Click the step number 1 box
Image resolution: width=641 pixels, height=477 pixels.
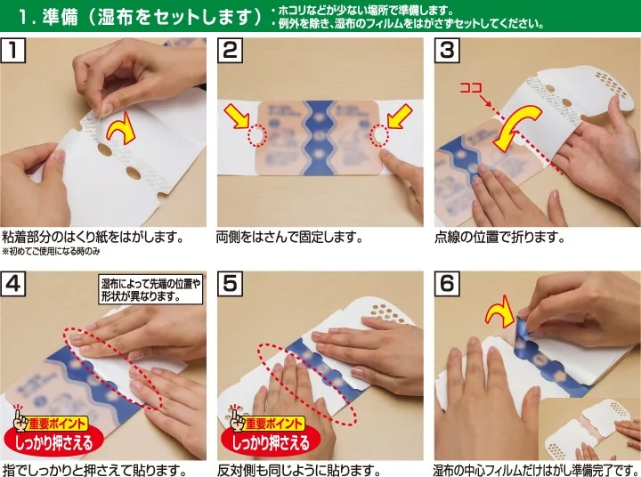click(x=13, y=50)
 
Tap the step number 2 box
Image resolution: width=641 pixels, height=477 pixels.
click(x=230, y=50)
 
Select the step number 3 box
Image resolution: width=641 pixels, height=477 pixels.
click(x=447, y=50)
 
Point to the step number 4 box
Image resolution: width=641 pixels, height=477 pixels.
click(x=13, y=283)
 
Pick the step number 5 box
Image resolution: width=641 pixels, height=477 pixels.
click(x=230, y=283)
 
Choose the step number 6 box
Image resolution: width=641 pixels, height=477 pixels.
click(x=447, y=283)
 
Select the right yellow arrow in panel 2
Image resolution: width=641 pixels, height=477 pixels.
click(x=400, y=116)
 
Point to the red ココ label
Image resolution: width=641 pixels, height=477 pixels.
click(x=471, y=87)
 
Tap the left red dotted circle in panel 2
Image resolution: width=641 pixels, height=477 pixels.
click(x=257, y=135)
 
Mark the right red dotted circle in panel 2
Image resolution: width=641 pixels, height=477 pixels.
click(x=379, y=135)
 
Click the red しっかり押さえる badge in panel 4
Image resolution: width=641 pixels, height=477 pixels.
click(x=54, y=442)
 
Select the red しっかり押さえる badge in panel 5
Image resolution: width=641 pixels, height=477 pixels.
click(x=271, y=442)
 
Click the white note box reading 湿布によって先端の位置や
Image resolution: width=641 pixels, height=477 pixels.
click(x=150, y=289)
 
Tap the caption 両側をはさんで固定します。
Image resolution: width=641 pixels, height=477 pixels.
click(x=289, y=237)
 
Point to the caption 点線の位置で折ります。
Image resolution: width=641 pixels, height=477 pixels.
click(x=499, y=237)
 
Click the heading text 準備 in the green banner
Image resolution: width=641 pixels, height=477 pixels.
click(x=60, y=16)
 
